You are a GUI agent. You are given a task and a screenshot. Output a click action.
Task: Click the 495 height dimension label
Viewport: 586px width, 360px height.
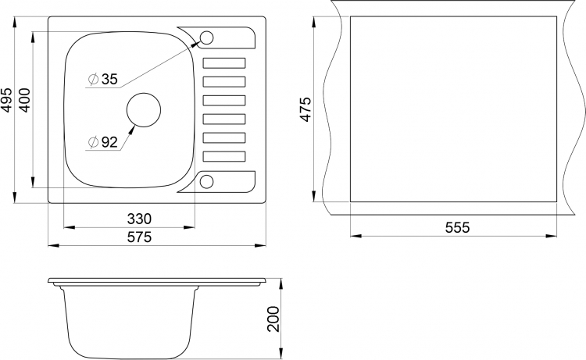(7, 100)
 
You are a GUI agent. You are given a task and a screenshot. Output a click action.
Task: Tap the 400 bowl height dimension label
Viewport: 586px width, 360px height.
(24, 100)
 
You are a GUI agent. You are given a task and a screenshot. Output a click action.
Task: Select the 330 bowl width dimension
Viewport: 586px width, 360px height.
(139, 219)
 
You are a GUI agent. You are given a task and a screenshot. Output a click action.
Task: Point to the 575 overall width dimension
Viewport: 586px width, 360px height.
(139, 237)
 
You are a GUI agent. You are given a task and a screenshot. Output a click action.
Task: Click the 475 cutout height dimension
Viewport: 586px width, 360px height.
(306, 109)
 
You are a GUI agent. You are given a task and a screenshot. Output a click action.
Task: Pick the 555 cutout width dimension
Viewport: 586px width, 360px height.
(457, 227)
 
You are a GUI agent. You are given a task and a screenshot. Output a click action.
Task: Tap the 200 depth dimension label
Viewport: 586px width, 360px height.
(273, 319)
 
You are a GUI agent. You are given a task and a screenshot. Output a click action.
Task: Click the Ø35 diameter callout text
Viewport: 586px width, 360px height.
(103, 79)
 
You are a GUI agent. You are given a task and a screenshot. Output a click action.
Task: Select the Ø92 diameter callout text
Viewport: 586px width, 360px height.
(103, 142)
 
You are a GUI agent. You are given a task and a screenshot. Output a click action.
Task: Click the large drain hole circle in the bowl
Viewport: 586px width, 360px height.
(144, 93)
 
